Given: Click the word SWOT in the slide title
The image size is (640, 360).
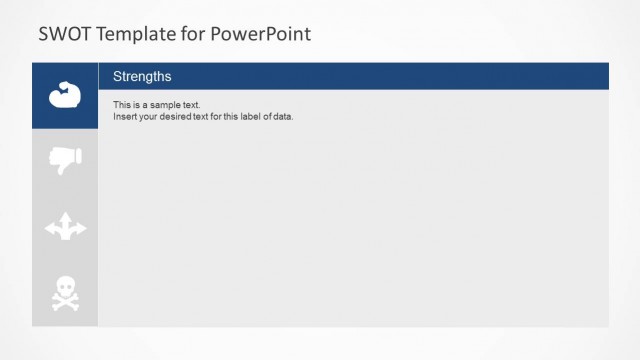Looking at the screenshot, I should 62,34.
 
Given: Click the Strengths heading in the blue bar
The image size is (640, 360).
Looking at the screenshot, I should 142,76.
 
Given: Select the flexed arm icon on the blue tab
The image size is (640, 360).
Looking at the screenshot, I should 65,95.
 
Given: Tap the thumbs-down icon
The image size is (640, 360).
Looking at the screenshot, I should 65,159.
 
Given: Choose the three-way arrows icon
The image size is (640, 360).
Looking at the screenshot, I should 65,227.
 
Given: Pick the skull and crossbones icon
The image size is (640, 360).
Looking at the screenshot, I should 65,293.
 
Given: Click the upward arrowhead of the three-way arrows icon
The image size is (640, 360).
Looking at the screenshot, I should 65,216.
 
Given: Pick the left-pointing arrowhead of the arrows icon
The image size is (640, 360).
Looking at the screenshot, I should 50,230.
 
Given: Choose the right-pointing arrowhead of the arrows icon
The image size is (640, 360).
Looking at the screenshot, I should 81,230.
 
